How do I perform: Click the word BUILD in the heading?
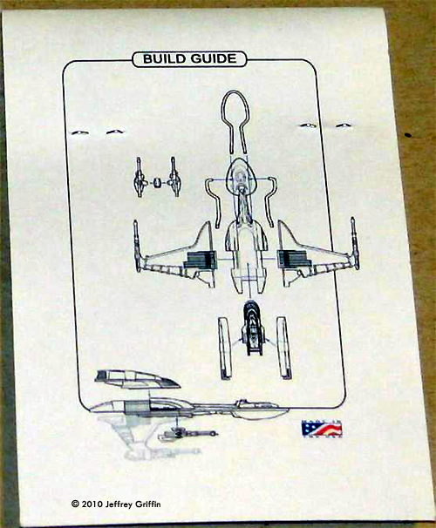tap(164, 58)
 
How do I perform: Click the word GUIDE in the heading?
tap(214, 58)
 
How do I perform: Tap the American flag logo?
tap(322, 429)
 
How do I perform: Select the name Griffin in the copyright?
tap(148, 504)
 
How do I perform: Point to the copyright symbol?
tap(75, 504)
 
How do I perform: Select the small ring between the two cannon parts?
tap(157, 183)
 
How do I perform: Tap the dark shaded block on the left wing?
tap(199, 261)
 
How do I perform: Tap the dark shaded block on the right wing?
tap(292, 260)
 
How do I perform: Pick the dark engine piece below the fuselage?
tap(253, 328)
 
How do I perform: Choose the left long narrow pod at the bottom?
tap(225, 348)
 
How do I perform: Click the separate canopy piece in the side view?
tap(137, 379)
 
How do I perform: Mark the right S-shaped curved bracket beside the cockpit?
tap(270, 201)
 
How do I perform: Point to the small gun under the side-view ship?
tap(187, 434)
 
